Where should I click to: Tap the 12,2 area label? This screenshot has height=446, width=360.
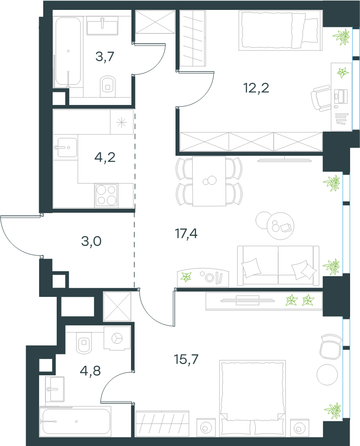pyautogui.click(x=256, y=88)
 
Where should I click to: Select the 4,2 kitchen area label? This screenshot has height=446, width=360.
pyautogui.click(x=105, y=157)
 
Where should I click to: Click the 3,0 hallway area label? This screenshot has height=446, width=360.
pyautogui.click(x=91, y=241)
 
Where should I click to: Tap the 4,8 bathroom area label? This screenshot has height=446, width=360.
pyautogui.click(x=90, y=370)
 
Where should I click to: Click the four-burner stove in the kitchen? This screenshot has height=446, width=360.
pyautogui.click(x=106, y=195)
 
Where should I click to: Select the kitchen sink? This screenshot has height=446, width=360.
pyautogui.click(x=66, y=147)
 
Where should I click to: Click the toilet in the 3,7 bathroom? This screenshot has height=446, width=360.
pyautogui.click(x=107, y=84)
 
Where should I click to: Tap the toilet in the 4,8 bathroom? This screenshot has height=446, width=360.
pyautogui.click(x=84, y=345)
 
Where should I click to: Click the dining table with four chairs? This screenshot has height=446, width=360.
pyautogui.click(x=209, y=181)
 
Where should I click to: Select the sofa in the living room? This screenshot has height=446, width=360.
pyautogui.click(x=278, y=266)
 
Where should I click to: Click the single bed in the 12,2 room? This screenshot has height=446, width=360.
pyautogui.click(x=280, y=30)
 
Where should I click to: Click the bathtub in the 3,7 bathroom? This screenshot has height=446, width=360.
pyautogui.click(x=68, y=51)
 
